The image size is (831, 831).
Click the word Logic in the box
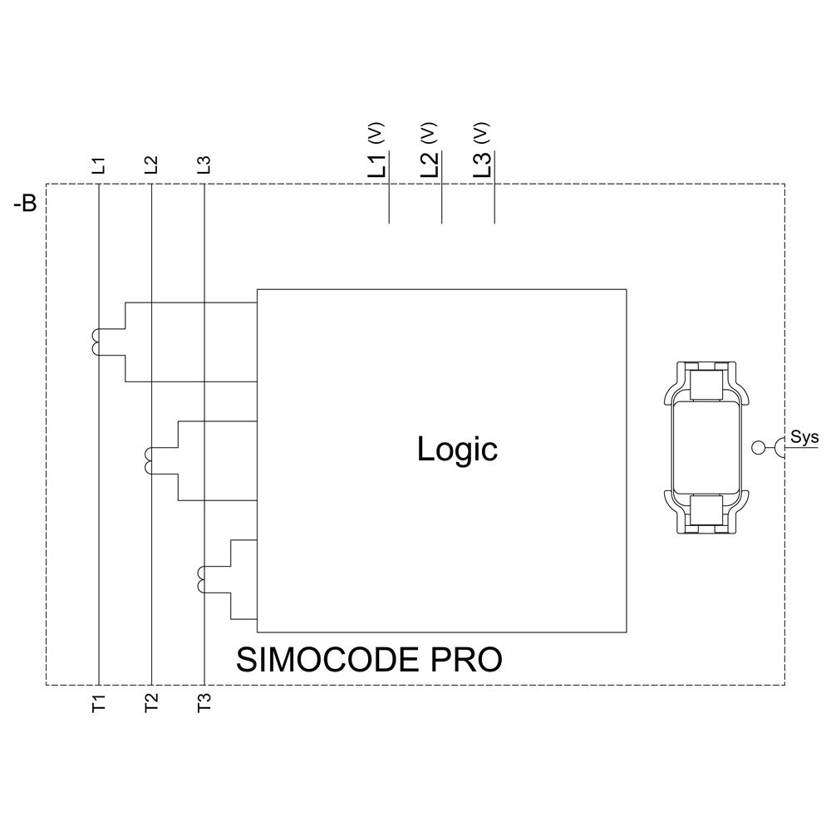click(457, 450)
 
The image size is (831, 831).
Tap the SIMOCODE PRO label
click(369, 660)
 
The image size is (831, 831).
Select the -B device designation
click(25, 204)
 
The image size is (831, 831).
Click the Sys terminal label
click(804, 436)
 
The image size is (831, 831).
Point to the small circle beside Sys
click(757, 448)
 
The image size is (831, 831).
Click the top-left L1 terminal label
click(98, 165)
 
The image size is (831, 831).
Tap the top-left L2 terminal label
click(150, 165)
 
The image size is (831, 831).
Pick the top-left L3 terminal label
click(204, 165)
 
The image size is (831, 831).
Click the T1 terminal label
click(98, 703)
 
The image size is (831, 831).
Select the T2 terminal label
click(150, 703)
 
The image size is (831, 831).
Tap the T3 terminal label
click(204, 703)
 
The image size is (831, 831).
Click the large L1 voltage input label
click(376, 165)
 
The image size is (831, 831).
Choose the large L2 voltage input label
click(429, 165)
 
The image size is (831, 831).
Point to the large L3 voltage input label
click(482, 165)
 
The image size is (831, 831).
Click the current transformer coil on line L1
click(94, 342)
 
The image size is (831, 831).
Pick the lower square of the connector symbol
click(706, 510)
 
